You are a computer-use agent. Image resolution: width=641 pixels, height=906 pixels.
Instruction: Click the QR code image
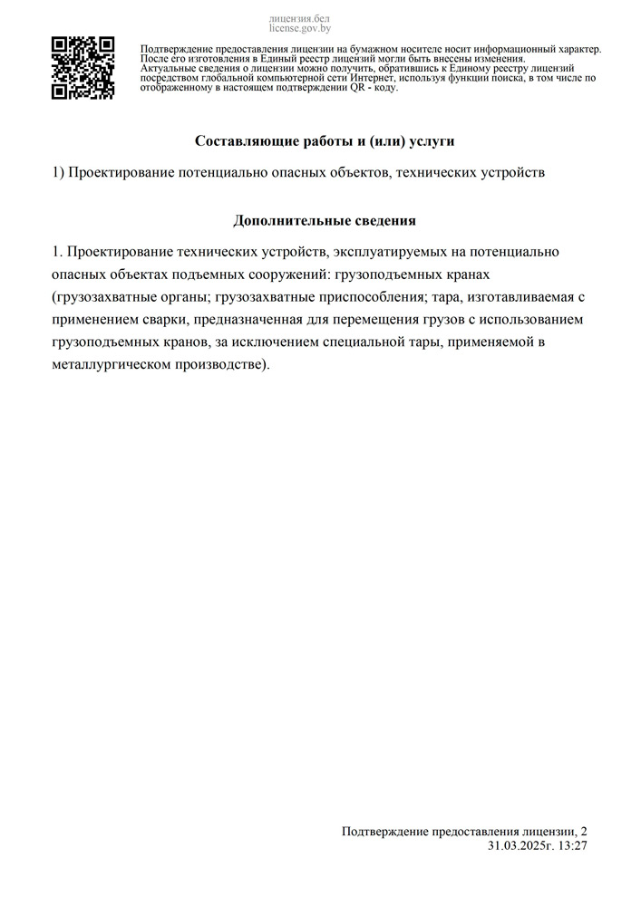[x=83, y=68]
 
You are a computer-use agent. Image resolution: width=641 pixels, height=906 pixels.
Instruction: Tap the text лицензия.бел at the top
[x=300, y=18]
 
